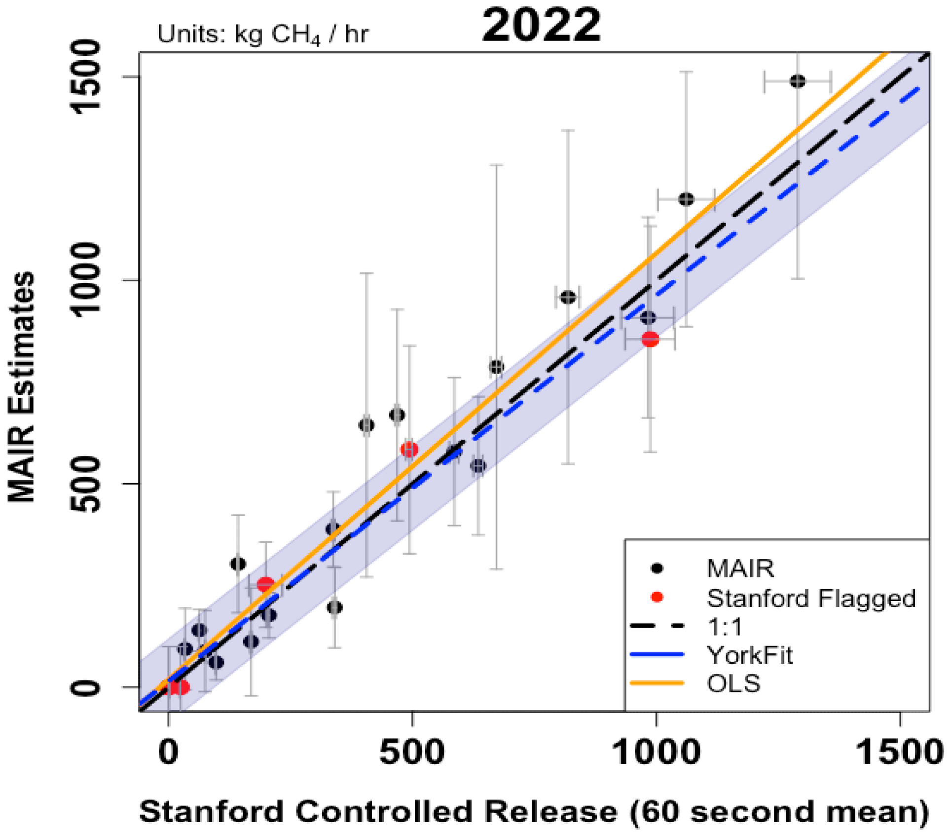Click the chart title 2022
click(x=541, y=26)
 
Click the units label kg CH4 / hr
click(x=262, y=35)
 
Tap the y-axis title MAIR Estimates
click(x=22, y=387)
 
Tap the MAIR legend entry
click(x=740, y=568)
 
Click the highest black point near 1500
click(x=798, y=81)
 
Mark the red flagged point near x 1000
click(x=650, y=339)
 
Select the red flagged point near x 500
click(x=409, y=450)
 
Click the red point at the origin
click(x=179, y=687)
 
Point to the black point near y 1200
click(x=686, y=199)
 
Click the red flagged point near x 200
click(x=265, y=585)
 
